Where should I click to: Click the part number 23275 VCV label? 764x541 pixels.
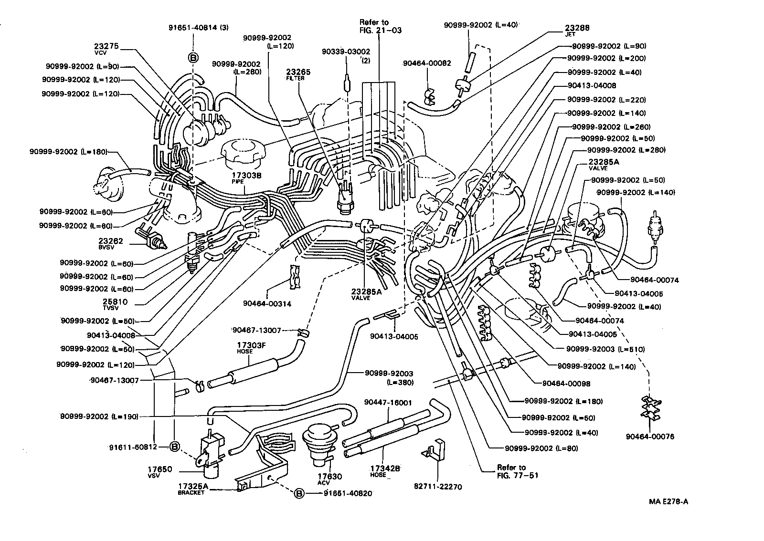(x=106, y=49)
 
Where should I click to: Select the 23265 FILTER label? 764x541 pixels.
(x=298, y=74)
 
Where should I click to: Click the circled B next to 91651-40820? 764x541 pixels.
(x=299, y=493)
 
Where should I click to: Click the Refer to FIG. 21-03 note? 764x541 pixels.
(x=381, y=26)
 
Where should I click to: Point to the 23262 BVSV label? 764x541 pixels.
(x=110, y=243)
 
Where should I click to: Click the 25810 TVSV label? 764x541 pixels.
(x=115, y=304)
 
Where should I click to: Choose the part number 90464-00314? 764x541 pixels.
(x=266, y=303)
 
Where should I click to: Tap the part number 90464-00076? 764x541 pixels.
(x=650, y=436)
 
